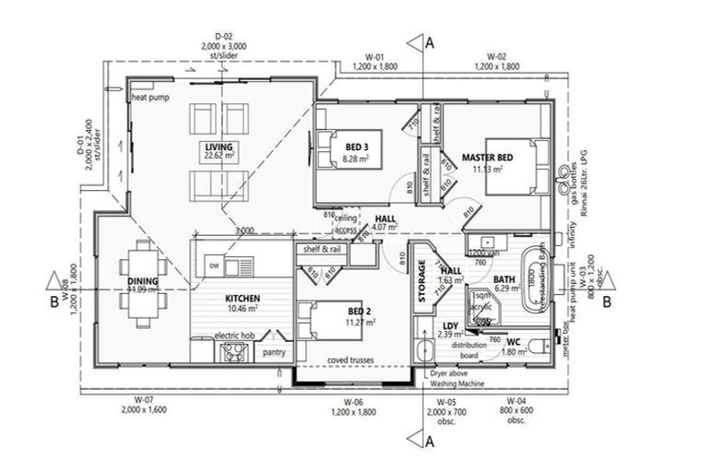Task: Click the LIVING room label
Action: tap(218, 147)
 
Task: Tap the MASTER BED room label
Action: tap(487, 157)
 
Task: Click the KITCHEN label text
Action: tap(242, 299)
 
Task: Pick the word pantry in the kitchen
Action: tap(274, 352)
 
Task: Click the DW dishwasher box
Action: tap(215, 265)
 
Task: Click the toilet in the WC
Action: tap(549, 348)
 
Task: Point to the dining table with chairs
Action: tap(144, 276)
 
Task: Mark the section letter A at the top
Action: tap(429, 41)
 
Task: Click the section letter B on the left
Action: tap(54, 301)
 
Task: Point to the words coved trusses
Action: tap(348, 360)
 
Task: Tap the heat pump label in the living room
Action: tap(149, 97)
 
